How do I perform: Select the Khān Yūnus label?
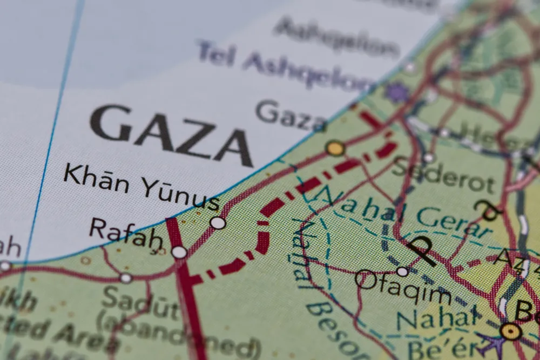tap(141, 187)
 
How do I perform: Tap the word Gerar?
tap(452, 222)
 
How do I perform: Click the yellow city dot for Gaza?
tap(335, 148)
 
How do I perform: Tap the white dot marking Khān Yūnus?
tap(218, 222)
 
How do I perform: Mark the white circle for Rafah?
tap(179, 252)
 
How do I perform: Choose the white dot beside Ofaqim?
tap(402, 271)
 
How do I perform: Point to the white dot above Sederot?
tap(429, 158)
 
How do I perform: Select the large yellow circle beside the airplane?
tap(510, 331)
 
